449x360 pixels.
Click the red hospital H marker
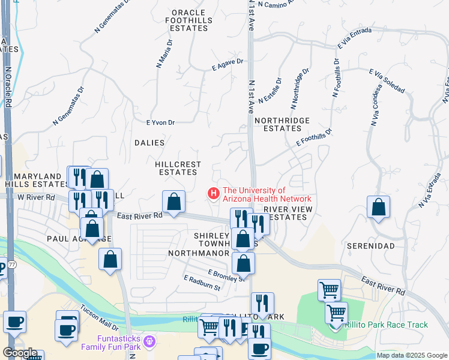(212, 193)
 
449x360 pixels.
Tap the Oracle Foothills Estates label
(188, 20)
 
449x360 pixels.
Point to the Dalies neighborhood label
(149, 143)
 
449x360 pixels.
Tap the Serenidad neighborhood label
(370, 246)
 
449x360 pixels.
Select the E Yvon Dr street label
(160, 122)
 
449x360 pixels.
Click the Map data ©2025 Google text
(412, 355)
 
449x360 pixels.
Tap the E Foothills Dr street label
(313, 138)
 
